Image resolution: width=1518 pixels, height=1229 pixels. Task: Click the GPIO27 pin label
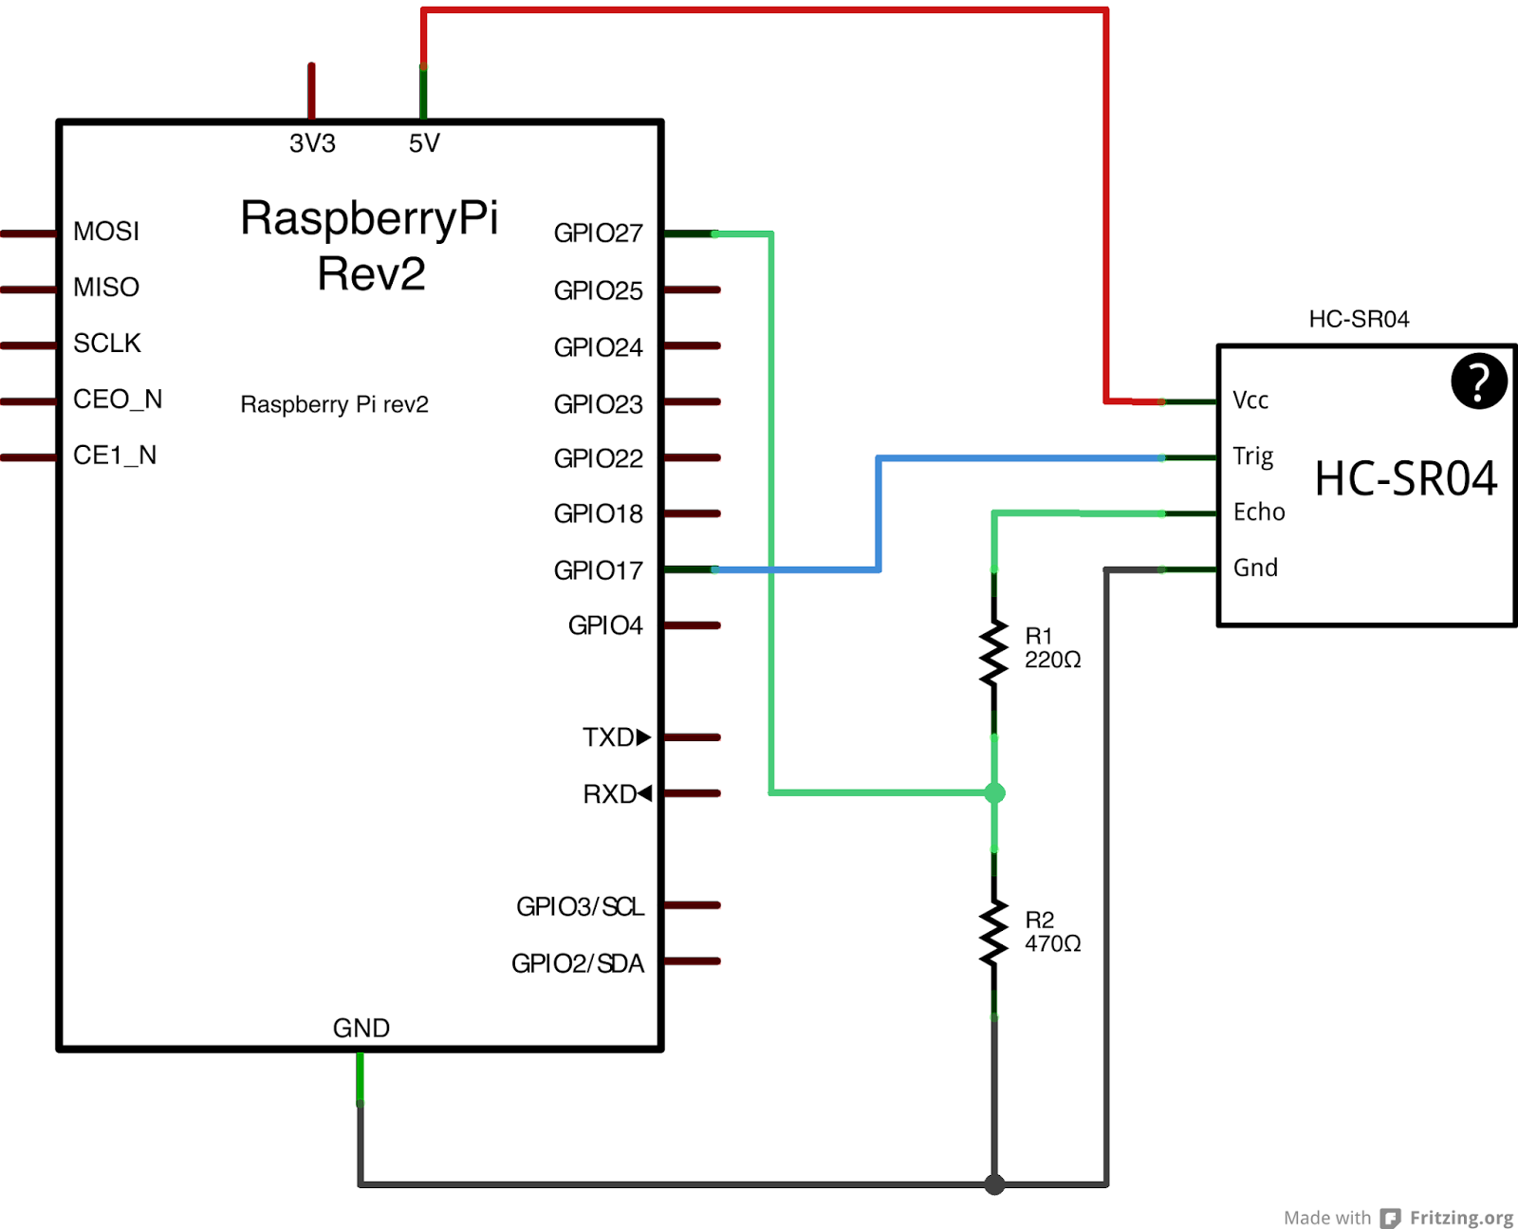tap(598, 233)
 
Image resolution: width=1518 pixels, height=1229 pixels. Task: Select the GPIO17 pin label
tap(598, 570)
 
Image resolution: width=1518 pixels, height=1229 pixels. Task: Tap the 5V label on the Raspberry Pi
tap(424, 143)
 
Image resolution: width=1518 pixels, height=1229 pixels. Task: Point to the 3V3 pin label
tap(312, 143)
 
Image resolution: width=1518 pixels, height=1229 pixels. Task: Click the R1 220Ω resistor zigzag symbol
tap(994, 653)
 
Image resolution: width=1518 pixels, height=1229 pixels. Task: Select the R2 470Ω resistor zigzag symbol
tap(994, 933)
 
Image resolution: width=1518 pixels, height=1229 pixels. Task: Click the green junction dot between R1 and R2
tap(994, 792)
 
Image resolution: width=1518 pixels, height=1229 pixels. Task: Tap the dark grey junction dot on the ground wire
tap(994, 1184)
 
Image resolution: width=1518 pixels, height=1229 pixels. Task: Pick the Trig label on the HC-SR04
tap(1253, 456)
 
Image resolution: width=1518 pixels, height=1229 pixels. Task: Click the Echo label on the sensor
tap(1259, 512)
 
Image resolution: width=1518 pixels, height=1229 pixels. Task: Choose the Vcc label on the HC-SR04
tap(1250, 400)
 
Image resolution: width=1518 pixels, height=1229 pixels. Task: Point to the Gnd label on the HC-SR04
tap(1256, 568)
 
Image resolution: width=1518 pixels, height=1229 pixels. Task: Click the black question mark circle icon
tap(1479, 382)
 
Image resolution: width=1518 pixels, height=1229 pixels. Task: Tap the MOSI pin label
tap(106, 232)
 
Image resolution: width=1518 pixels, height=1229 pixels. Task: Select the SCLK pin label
tap(107, 344)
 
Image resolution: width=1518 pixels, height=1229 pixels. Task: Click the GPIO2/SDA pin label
tap(578, 964)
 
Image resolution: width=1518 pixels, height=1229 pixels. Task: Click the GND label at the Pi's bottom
tap(361, 1028)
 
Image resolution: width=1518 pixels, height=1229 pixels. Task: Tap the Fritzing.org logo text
tap(1461, 1218)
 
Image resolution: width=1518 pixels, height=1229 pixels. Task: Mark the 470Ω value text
tap(1052, 944)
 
